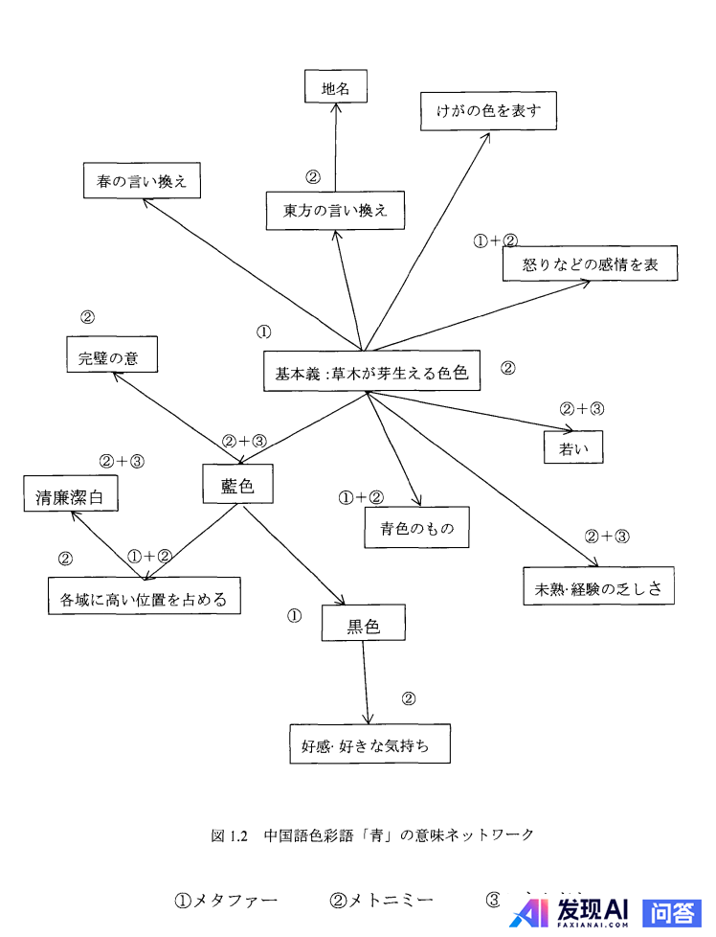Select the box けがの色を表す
488,110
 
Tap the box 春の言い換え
142,179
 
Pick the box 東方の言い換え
335,210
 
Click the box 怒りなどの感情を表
590,263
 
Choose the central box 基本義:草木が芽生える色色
370,372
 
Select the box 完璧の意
110,354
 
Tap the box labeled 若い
573,446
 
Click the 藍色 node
237,485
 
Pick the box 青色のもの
416,527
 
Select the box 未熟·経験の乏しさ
598,586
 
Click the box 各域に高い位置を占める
144,597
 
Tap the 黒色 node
363,626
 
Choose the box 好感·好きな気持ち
369,743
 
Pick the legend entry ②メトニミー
381,900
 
